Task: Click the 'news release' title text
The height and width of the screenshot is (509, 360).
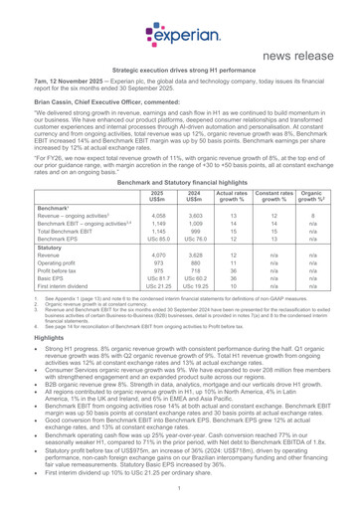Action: click(304, 50)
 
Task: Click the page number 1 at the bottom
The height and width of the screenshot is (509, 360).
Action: click(180, 497)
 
